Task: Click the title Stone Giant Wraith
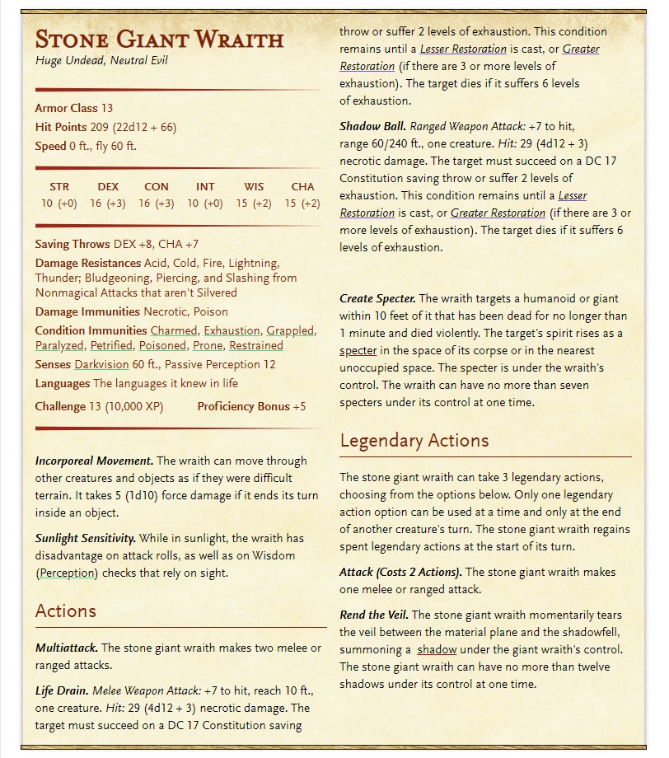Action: [x=159, y=40]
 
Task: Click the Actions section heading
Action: [x=66, y=611]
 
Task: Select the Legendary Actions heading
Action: [x=414, y=441]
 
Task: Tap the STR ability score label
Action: [x=59, y=187]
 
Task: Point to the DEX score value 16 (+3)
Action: [x=108, y=204]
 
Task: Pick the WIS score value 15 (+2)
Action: [x=254, y=204]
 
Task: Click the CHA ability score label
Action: [x=302, y=187]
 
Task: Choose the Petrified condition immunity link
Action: [x=111, y=346]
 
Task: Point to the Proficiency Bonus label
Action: [x=243, y=406]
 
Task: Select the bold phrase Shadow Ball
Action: [x=372, y=126]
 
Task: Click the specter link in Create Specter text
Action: [x=358, y=350]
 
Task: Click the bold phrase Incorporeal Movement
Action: [x=94, y=461]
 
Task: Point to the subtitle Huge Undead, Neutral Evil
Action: [x=101, y=61]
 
